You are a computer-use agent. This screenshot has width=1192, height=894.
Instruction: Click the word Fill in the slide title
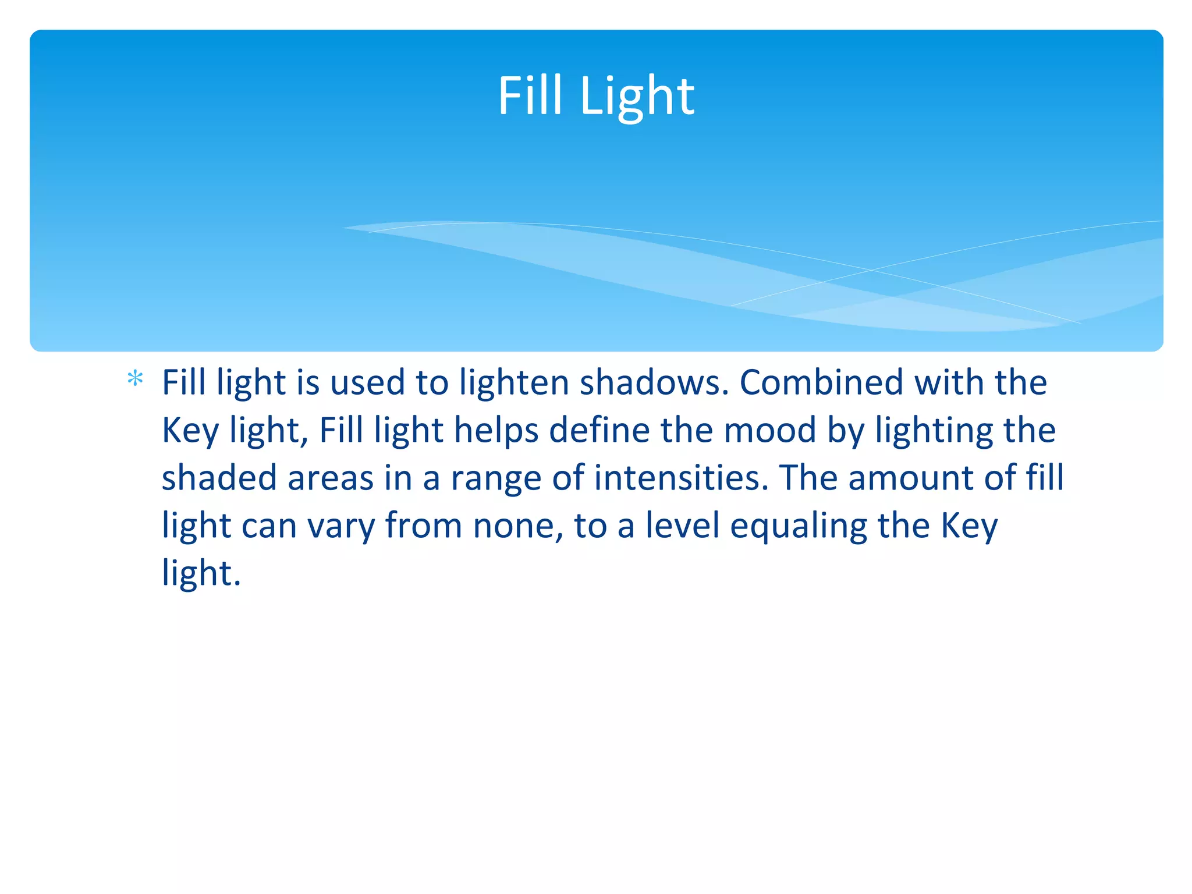(530, 96)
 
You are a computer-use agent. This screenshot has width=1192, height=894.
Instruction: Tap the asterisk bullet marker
(135, 379)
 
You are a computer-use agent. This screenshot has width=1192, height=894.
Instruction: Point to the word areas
(330, 478)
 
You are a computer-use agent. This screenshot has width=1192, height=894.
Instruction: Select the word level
(682, 526)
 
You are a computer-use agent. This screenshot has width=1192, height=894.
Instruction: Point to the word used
(367, 383)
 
